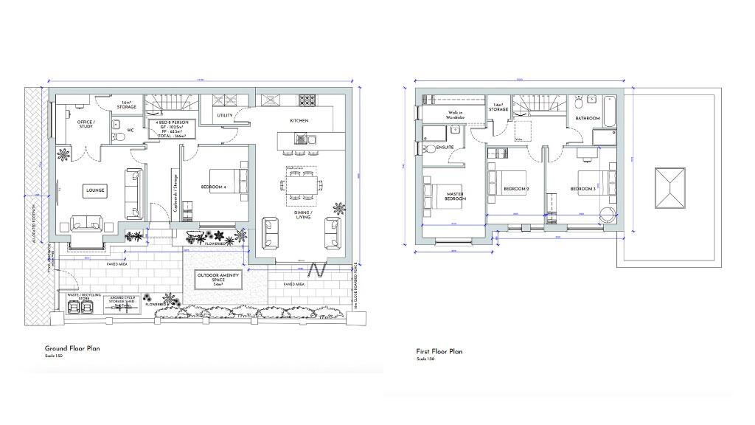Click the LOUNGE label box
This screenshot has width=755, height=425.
tap(95, 190)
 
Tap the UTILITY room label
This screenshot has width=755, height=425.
tap(225, 116)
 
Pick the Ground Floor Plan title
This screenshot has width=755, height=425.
tap(72, 348)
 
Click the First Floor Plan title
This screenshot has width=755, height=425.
tap(439, 352)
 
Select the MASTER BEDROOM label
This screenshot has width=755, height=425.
tap(456, 196)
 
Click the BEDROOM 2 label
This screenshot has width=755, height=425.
tap(514, 189)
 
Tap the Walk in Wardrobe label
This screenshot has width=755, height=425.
tap(459, 115)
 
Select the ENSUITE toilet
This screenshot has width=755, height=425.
tap(430, 148)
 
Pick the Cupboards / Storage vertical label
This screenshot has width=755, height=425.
tap(175, 193)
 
